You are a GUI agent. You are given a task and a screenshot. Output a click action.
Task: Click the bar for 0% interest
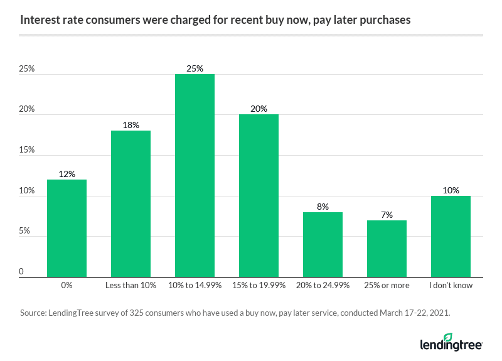67,229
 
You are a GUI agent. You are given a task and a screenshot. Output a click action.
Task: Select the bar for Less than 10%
131,204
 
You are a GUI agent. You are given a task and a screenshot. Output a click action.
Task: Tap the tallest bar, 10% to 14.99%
195,176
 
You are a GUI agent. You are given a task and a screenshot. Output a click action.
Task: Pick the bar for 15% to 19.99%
259,196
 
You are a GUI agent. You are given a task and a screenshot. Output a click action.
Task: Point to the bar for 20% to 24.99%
323,245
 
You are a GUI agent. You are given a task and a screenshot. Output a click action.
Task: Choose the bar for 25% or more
387,249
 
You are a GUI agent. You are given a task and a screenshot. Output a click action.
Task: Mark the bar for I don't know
451,237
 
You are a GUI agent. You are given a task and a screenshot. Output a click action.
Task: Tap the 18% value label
131,125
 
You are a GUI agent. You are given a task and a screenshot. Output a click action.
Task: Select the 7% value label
387,215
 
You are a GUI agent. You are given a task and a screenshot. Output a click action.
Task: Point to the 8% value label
323,207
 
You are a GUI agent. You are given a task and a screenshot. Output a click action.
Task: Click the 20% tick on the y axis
26,110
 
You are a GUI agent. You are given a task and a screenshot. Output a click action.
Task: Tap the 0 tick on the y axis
21,272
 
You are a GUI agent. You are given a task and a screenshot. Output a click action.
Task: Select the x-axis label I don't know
451,286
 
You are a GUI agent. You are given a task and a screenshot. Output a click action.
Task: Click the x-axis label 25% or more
387,286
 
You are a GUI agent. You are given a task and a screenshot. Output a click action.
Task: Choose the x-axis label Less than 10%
131,286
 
